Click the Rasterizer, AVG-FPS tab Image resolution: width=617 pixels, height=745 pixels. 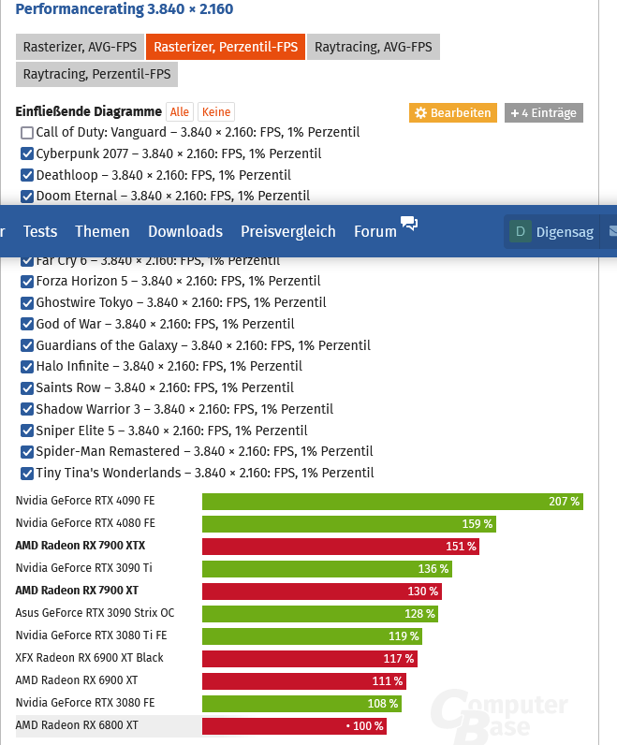pos(80,47)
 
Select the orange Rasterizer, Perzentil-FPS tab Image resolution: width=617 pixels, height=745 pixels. pos(226,47)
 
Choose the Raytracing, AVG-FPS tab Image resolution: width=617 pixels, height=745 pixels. pos(374,47)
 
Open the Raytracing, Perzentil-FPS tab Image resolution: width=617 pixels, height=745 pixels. pos(96,74)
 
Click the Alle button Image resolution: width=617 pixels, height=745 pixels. pos(180,112)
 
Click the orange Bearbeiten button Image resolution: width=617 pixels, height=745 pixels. pos(452,113)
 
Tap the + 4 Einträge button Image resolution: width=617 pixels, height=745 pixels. pos(544,113)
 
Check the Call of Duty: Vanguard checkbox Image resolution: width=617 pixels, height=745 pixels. pos(27,133)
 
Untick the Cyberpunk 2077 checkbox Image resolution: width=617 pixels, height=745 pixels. pos(27,153)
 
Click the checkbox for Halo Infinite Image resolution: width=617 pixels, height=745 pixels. pos(27,367)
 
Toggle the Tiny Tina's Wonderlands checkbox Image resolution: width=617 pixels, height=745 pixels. pos(27,474)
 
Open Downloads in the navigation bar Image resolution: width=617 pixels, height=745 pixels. pos(185,231)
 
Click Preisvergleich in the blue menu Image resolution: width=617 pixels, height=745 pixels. pos(287,231)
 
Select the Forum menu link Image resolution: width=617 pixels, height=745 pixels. pos(375,231)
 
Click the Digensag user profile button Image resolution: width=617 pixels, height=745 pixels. pos(551,232)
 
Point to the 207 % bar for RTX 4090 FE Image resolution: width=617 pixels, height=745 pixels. pos(392,502)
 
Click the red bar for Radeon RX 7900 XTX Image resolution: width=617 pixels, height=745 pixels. pos(341,547)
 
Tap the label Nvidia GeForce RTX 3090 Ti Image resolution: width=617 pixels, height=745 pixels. pos(84,568)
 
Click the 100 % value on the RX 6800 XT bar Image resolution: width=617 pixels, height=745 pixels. pos(366,726)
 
